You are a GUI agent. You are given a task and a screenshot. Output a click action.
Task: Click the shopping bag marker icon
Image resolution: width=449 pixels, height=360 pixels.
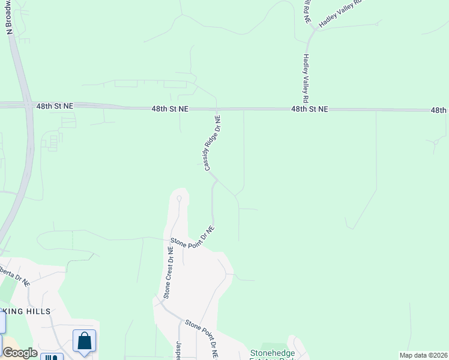tap(85, 341)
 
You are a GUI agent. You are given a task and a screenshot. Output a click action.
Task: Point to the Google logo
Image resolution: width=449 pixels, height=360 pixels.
tap(20, 353)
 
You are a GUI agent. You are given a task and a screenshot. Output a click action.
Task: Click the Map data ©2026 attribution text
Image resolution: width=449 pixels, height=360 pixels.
tap(424, 355)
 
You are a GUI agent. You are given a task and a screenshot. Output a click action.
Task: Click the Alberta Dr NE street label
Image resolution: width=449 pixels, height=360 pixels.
tap(15, 273)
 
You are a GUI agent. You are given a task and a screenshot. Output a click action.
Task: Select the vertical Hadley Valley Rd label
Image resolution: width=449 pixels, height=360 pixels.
tap(306, 78)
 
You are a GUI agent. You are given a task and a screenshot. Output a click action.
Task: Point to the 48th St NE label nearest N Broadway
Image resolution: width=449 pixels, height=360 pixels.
tap(54, 106)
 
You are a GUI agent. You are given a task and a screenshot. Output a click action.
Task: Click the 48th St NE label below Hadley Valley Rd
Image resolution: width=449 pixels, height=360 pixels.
tap(310, 109)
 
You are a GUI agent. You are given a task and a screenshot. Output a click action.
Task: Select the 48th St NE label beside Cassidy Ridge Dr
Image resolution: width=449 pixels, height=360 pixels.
tap(170, 109)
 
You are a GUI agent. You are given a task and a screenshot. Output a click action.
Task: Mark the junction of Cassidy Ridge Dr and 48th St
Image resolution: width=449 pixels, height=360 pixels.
tap(216, 109)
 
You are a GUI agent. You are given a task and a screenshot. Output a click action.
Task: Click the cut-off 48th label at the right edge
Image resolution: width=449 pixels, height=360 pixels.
tap(439, 110)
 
